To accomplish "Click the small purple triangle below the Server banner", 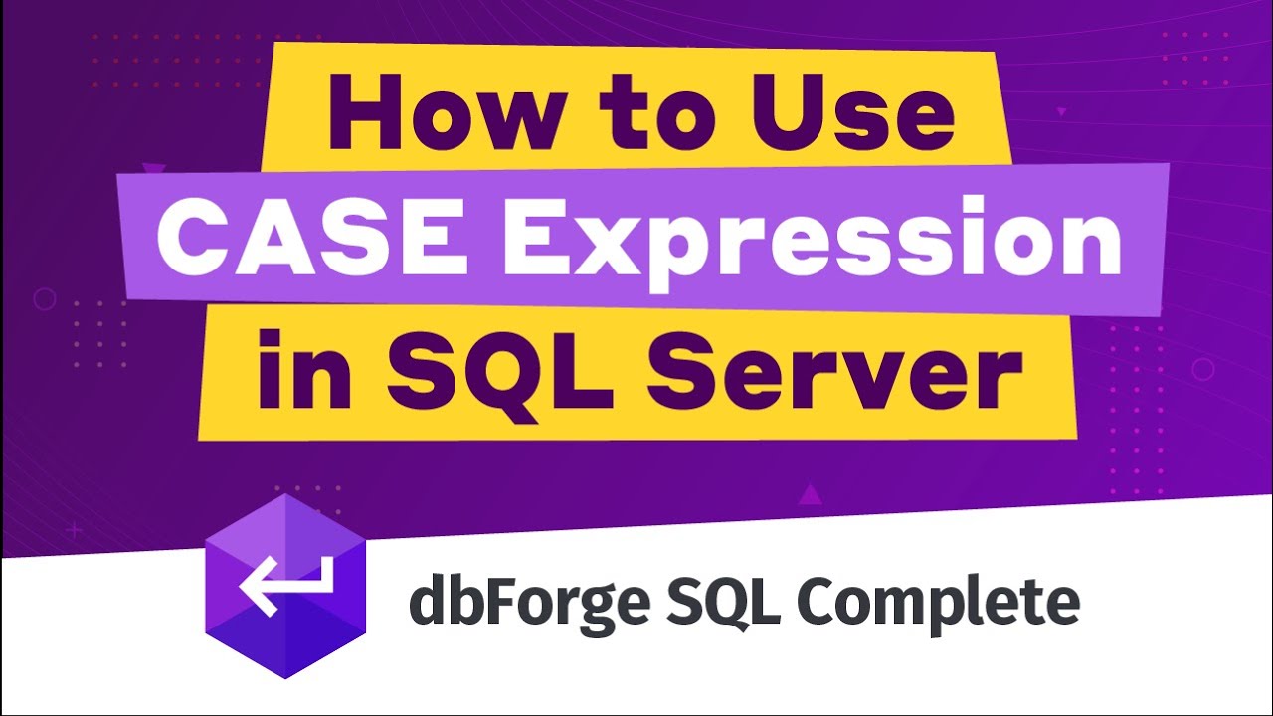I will coord(811,493).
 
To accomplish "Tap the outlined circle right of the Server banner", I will coord(1202,370).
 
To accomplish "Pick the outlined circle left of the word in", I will coord(45,298).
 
